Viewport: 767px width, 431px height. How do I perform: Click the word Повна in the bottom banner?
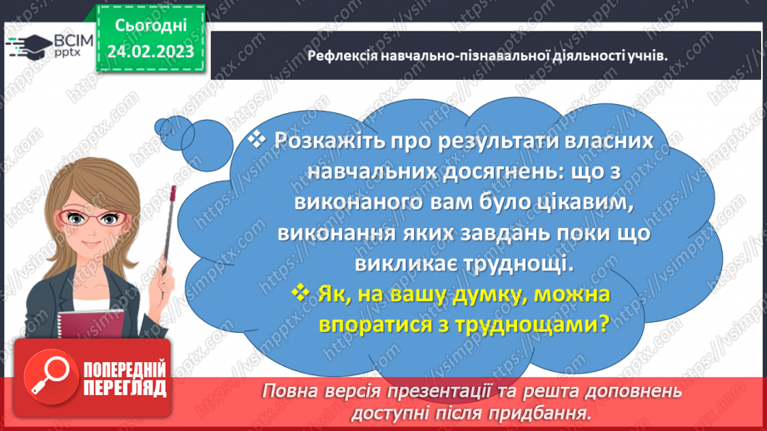[x=290, y=391]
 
